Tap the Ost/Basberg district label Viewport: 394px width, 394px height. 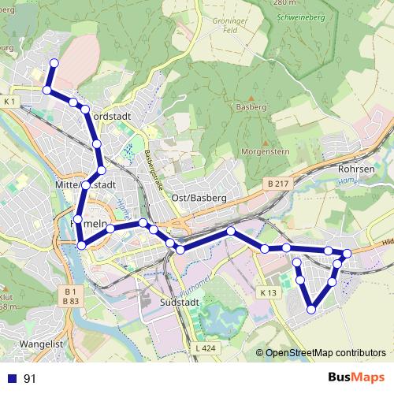click(199, 197)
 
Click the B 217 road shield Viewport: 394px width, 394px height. click(277, 184)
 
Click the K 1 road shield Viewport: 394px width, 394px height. click(10, 102)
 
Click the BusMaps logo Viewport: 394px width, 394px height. click(355, 378)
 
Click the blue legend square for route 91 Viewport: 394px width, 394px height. click(11, 378)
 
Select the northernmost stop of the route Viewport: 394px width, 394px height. click(54, 62)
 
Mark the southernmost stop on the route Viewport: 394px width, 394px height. click(311, 310)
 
